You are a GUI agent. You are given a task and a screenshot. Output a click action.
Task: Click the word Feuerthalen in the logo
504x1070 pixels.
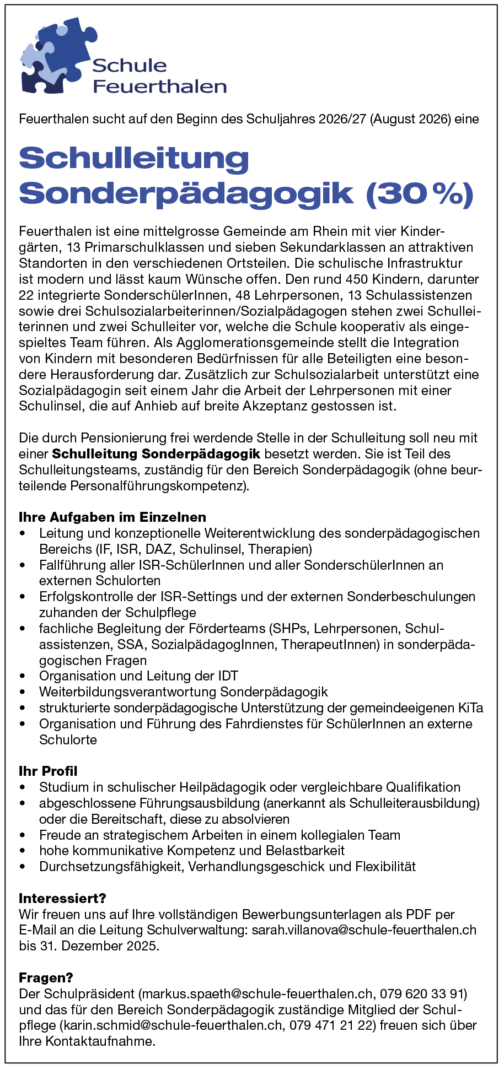coord(160,87)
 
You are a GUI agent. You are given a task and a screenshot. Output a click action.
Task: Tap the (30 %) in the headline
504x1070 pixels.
coord(420,193)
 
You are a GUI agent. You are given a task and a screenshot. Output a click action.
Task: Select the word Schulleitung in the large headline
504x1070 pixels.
coord(134,159)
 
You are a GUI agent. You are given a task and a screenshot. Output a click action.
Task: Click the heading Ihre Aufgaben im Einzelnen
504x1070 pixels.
coord(112,517)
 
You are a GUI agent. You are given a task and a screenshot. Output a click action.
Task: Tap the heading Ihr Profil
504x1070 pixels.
coord(48,771)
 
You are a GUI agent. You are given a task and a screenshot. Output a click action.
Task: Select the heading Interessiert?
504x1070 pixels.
coord(62,899)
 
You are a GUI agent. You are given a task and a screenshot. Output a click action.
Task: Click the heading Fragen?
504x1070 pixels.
coord(46,978)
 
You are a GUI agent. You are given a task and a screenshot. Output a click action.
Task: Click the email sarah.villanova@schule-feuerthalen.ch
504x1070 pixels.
coord(364,931)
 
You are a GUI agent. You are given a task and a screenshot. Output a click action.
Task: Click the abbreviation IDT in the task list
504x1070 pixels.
coord(228,676)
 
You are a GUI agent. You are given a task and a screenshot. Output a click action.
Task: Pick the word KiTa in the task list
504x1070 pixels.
coord(470,708)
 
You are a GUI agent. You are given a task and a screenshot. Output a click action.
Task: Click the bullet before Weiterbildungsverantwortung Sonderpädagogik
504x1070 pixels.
coord(22,692)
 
